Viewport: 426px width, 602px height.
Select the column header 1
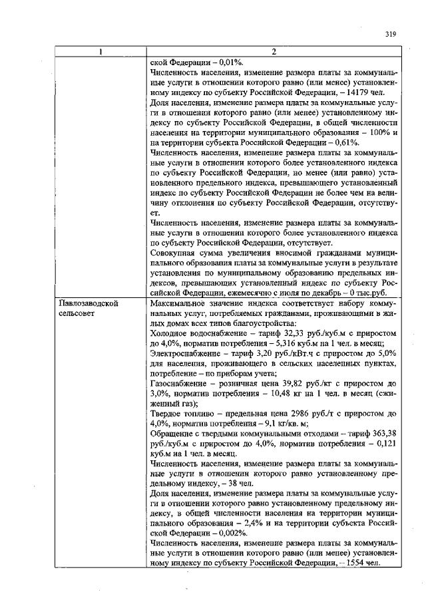pos(101,53)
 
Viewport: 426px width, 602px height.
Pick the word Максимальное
pos(181,303)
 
